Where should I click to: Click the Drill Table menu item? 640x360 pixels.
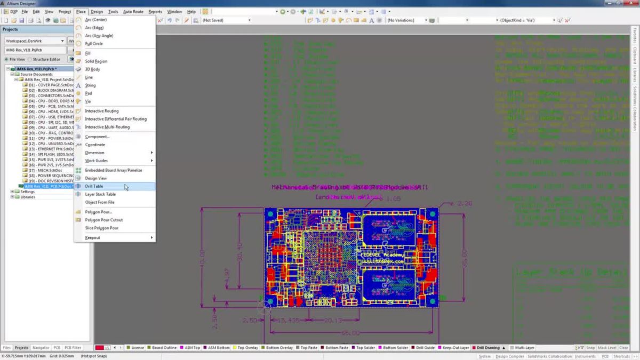(x=94, y=186)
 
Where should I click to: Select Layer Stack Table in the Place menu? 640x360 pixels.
(x=100, y=194)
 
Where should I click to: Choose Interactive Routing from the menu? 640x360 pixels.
(x=102, y=111)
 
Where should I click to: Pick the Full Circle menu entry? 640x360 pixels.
(x=94, y=44)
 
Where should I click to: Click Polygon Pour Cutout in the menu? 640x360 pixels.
(x=104, y=220)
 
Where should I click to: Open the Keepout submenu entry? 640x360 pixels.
(x=93, y=237)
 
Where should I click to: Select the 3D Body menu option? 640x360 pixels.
(x=92, y=69)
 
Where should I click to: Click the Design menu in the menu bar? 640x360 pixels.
(x=97, y=11)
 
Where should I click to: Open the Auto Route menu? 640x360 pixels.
(x=133, y=11)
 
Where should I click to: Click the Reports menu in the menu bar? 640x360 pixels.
(x=155, y=11)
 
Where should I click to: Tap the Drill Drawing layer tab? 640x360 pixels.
(x=488, y=348)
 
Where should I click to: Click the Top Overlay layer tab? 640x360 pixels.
(x=248, y=348)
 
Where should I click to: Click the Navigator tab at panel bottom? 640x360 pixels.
(x=41, y=348)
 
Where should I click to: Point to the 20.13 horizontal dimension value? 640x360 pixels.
(x=333, y=320)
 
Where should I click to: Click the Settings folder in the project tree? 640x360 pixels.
(x=27, y=191)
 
